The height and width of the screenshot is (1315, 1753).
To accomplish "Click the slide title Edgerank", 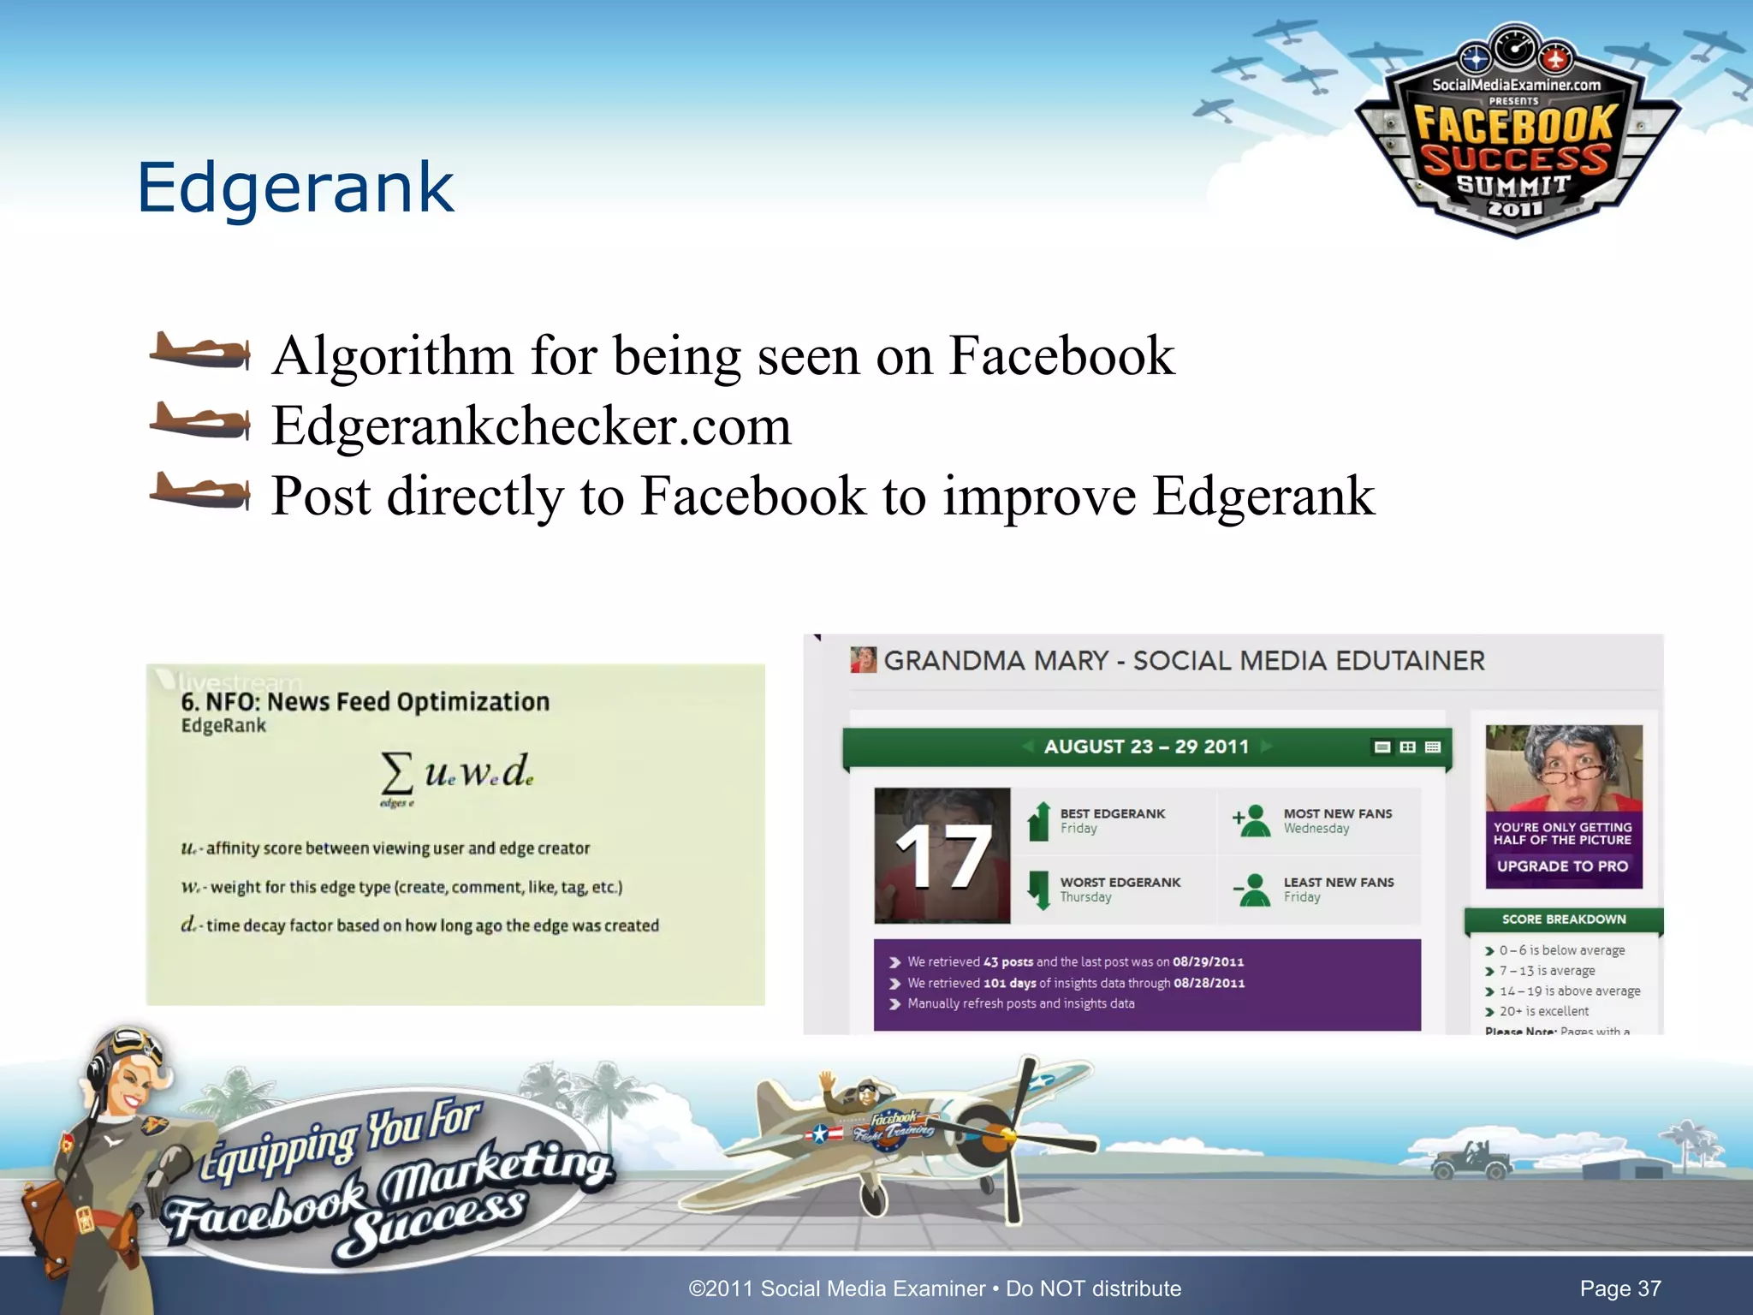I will click(x=295, y=187).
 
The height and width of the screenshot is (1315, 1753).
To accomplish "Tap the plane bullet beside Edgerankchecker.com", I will click(x=200, y=421).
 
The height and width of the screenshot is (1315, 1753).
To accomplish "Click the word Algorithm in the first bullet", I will click(x=393, y=355).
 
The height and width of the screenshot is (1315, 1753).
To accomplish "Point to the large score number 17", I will click(x=942, y=857).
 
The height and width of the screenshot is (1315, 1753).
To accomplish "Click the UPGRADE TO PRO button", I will click(x=1562, y=866).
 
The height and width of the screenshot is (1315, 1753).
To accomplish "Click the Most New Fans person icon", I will click(x=1254, y=821).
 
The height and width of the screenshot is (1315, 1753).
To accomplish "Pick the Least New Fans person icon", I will click(x=1254, y=890).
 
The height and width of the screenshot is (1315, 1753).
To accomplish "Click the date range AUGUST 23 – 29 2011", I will click(x=1146, y=747).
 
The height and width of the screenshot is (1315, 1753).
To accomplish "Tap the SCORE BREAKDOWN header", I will click(x=1564, y=919).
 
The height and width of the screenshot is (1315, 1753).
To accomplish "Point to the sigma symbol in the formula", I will click(x=396, y=773).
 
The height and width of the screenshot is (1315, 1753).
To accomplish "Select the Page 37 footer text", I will click(x=1619, y=1288).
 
